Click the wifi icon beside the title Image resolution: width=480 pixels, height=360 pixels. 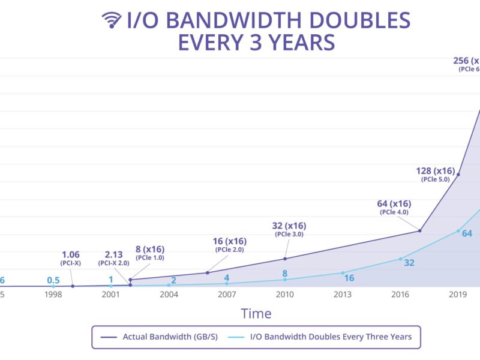112,20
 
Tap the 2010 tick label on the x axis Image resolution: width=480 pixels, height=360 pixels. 284,295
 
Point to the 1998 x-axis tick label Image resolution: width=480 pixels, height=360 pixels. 53,295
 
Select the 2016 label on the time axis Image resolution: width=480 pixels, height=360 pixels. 400,295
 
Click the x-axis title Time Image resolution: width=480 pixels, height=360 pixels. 256,313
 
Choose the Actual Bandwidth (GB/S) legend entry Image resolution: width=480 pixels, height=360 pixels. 158,337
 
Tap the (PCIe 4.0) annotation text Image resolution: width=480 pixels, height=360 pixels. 394,212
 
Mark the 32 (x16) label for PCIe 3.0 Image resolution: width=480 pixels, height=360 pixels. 289,226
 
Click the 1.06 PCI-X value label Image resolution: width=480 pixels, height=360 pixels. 70,254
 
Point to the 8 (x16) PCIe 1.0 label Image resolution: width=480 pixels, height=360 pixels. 149,249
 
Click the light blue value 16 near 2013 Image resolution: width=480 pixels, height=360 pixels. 349,278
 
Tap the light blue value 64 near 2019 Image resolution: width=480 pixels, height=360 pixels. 467,233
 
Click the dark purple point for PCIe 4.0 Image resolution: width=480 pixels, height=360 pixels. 419,230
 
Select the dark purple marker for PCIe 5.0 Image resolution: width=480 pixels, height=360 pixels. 458,175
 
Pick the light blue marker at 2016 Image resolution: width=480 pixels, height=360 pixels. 400,259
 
